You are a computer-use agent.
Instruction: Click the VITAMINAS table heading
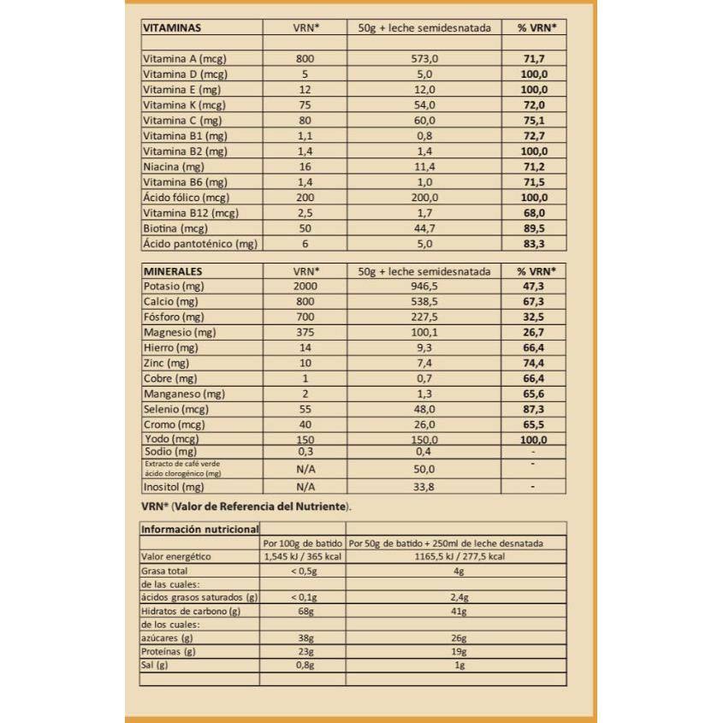(x=171, y=27)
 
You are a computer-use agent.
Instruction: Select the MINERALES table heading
(x=174, y=271)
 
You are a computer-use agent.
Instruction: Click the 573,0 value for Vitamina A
(x=424, y=59)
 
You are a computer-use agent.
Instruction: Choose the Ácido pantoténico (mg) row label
(x=199, y=244)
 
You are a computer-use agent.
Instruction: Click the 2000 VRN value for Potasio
(x=305, y=287)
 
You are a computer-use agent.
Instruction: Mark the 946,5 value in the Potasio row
(x=424, y=287)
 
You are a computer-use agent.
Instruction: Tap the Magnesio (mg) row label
(x=181, y=333)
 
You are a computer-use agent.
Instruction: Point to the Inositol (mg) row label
(x=173, y=487)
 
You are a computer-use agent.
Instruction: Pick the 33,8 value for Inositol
(x=424, y=487)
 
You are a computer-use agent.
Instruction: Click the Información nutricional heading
(x=199, y=529)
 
